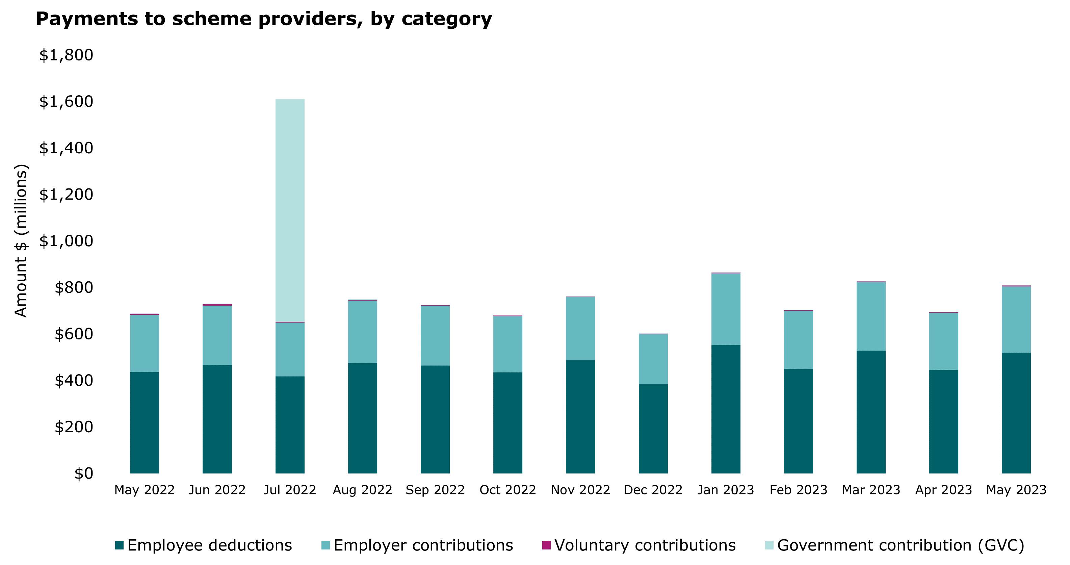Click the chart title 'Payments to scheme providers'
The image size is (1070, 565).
coord(264,19)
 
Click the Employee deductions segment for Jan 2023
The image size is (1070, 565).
coord(726,409)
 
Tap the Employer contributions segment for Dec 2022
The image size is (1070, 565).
coord(653,359)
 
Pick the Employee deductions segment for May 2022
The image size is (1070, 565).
coord(145,422)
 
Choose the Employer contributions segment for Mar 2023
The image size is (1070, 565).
coord(871,316)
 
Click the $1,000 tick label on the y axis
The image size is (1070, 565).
coord(66,241)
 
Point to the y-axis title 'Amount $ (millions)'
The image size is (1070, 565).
coord(21,241)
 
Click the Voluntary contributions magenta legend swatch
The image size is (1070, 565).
coord(546,545)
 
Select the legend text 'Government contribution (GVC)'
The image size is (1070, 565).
coord(901,545)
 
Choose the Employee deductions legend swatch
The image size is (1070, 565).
coord(120,545)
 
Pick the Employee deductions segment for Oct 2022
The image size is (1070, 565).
coord(507,423)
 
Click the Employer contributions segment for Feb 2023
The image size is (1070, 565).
coord(798,340)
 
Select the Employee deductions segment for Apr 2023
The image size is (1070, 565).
coord(944,422)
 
